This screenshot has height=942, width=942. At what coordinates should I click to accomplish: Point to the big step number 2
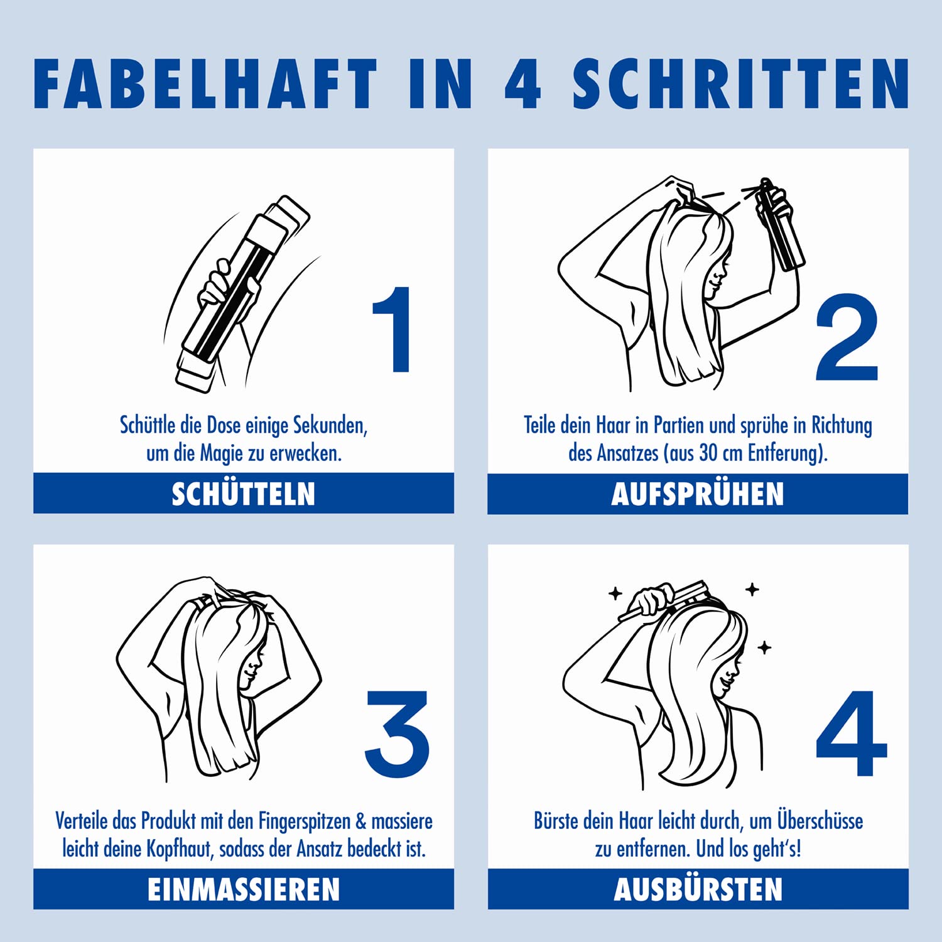(x=847, y=337)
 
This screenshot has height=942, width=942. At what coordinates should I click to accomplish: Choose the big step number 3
(x=397, y=734)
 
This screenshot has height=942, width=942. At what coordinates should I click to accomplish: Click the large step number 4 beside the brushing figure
(x=852, y=733)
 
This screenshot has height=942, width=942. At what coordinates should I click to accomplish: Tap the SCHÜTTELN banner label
(x=244, y=494)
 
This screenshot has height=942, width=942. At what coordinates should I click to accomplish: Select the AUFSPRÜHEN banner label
(x=698, y=494)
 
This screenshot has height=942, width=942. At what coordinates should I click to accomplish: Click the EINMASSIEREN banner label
(x=244, y=890)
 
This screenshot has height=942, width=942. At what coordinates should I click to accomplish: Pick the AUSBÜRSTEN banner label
(x=698, y=890)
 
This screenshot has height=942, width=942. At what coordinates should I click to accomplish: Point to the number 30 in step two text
(x=708, y=453)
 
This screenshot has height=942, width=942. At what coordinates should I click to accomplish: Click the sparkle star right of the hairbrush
(x=752, y=589)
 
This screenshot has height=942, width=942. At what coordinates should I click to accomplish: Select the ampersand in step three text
(x=360, y=821)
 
